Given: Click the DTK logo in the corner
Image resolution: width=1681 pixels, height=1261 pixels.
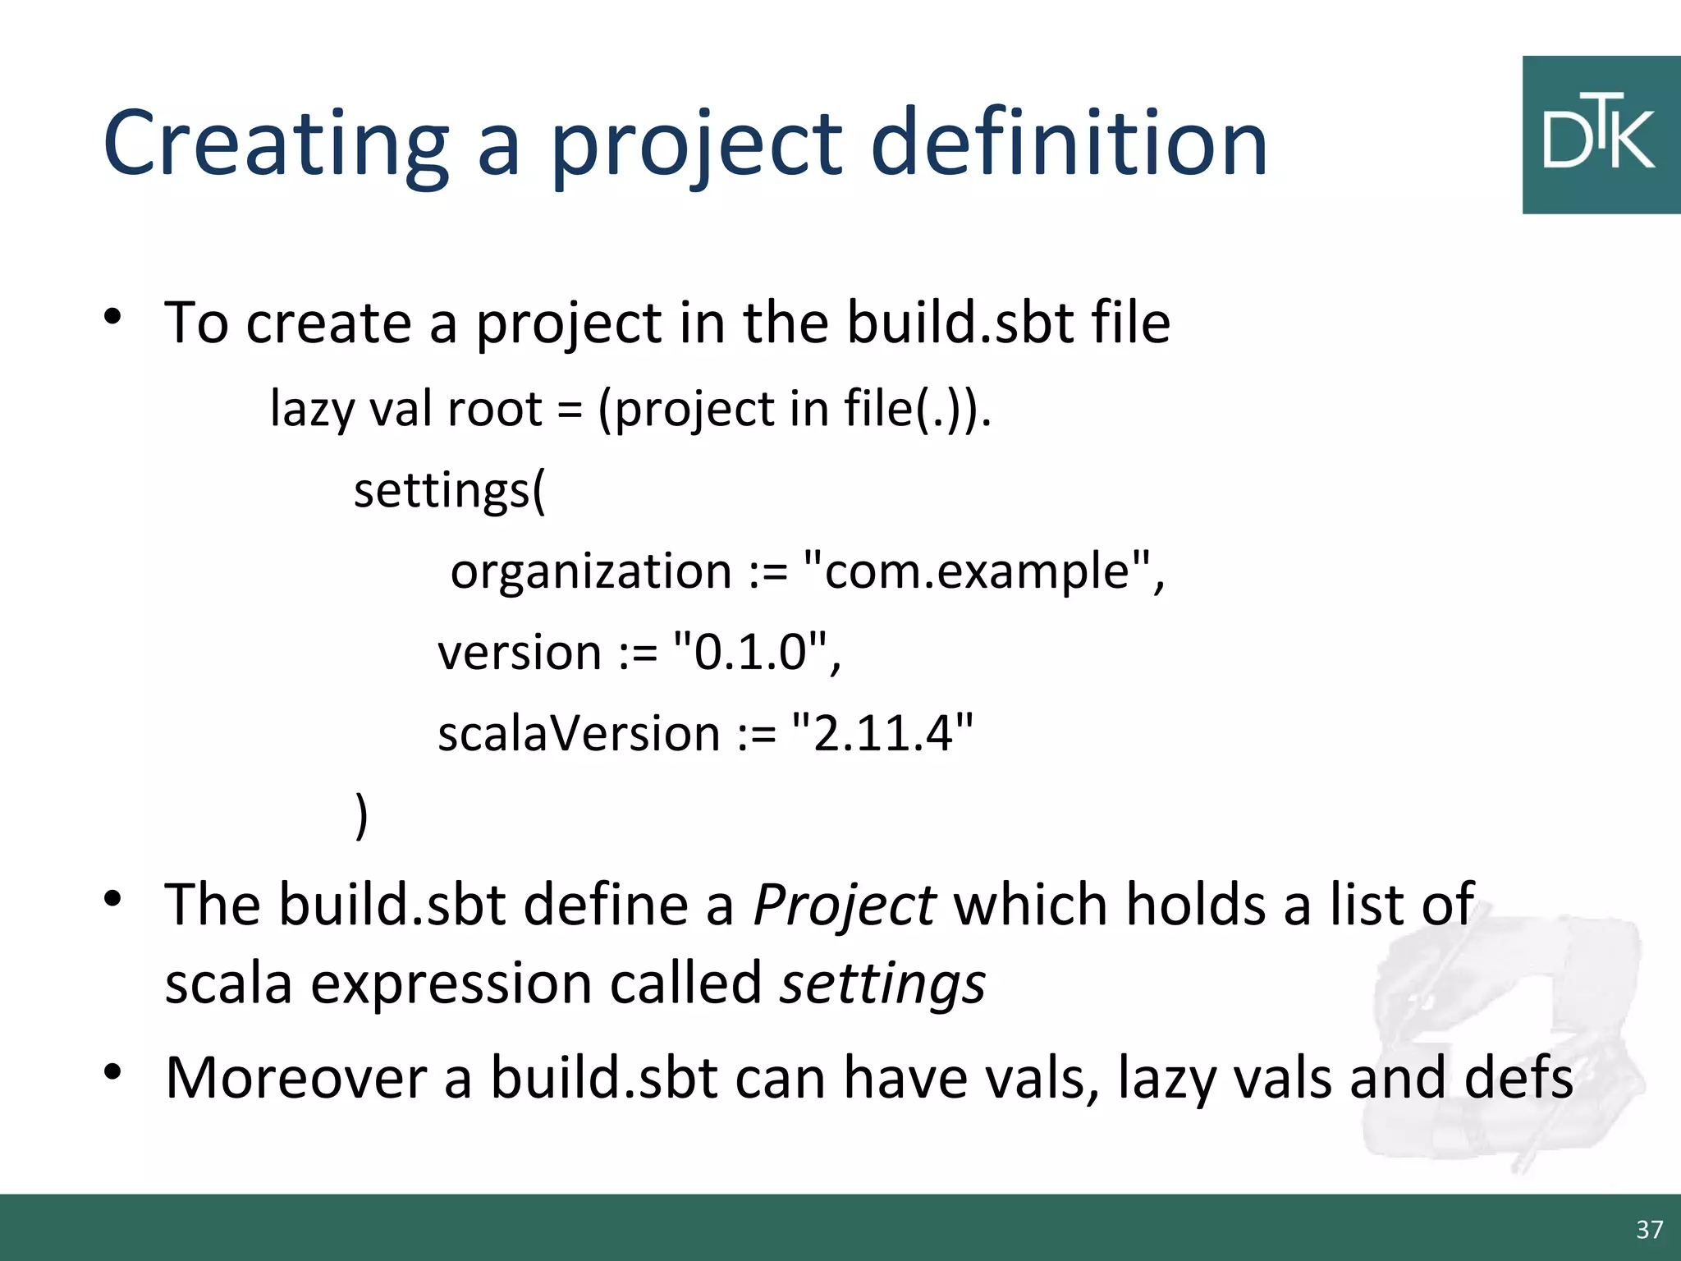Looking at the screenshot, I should point(1600,135).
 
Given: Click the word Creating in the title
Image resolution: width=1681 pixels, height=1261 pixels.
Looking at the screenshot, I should point(276,144).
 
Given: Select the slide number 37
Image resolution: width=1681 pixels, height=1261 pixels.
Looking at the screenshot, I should point(1649,1229).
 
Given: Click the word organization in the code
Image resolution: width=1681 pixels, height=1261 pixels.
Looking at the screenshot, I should point(591,572).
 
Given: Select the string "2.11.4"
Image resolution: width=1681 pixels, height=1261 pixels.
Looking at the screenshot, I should point(882,733).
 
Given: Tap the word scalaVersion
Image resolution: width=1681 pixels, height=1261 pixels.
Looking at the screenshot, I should point(579,733).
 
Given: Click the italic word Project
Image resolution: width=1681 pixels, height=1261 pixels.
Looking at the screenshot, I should point(844,906).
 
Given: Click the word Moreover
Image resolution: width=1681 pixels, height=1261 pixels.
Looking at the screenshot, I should point(295,1078).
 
